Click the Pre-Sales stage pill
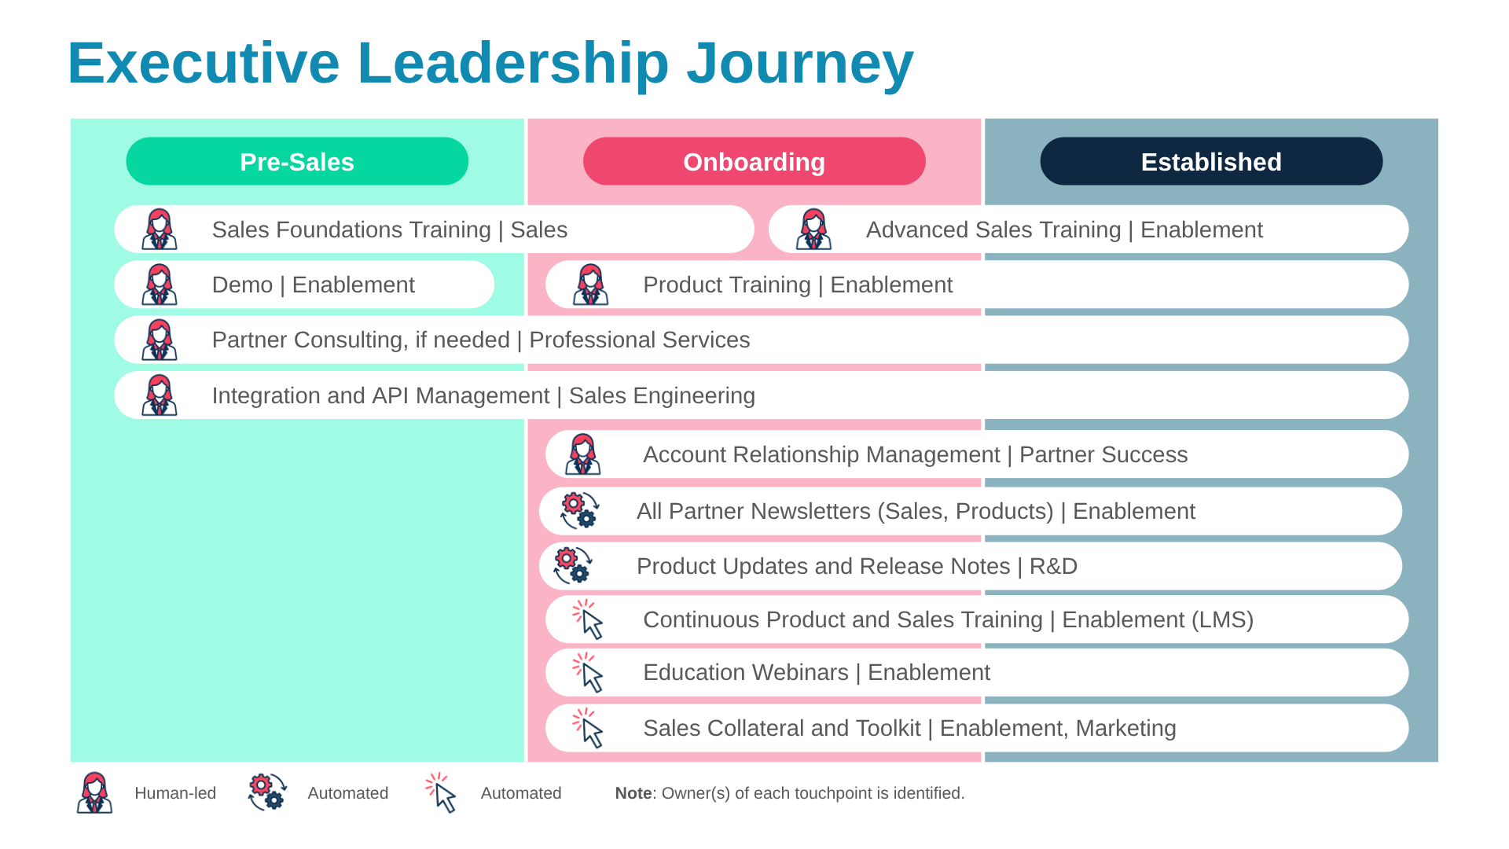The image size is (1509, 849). pos(297,162)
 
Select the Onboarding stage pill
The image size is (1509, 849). pos(754,162)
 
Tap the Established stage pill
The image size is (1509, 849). pos(1210,162)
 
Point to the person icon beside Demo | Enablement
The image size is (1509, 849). pos(160,285)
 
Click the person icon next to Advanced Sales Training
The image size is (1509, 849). pos(813,230)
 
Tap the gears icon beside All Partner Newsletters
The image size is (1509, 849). pos(580,511)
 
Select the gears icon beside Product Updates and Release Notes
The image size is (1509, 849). pos(573,566)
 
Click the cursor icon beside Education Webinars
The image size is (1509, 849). pos(588,673)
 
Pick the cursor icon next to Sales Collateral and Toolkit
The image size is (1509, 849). pos(588,728)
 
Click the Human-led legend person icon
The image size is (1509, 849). pos(94,792)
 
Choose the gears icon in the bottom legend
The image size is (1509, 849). pos(267,792)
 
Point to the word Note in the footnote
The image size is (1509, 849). pos(633,793)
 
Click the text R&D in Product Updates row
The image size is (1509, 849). pos(1053,566)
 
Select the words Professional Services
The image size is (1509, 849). pos(639,340)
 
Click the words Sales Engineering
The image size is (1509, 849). pos(662,395)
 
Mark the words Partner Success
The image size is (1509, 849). pos(1103,454)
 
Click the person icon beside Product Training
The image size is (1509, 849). pos(591,285)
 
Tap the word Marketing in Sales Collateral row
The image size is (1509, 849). pos(1125,728)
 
